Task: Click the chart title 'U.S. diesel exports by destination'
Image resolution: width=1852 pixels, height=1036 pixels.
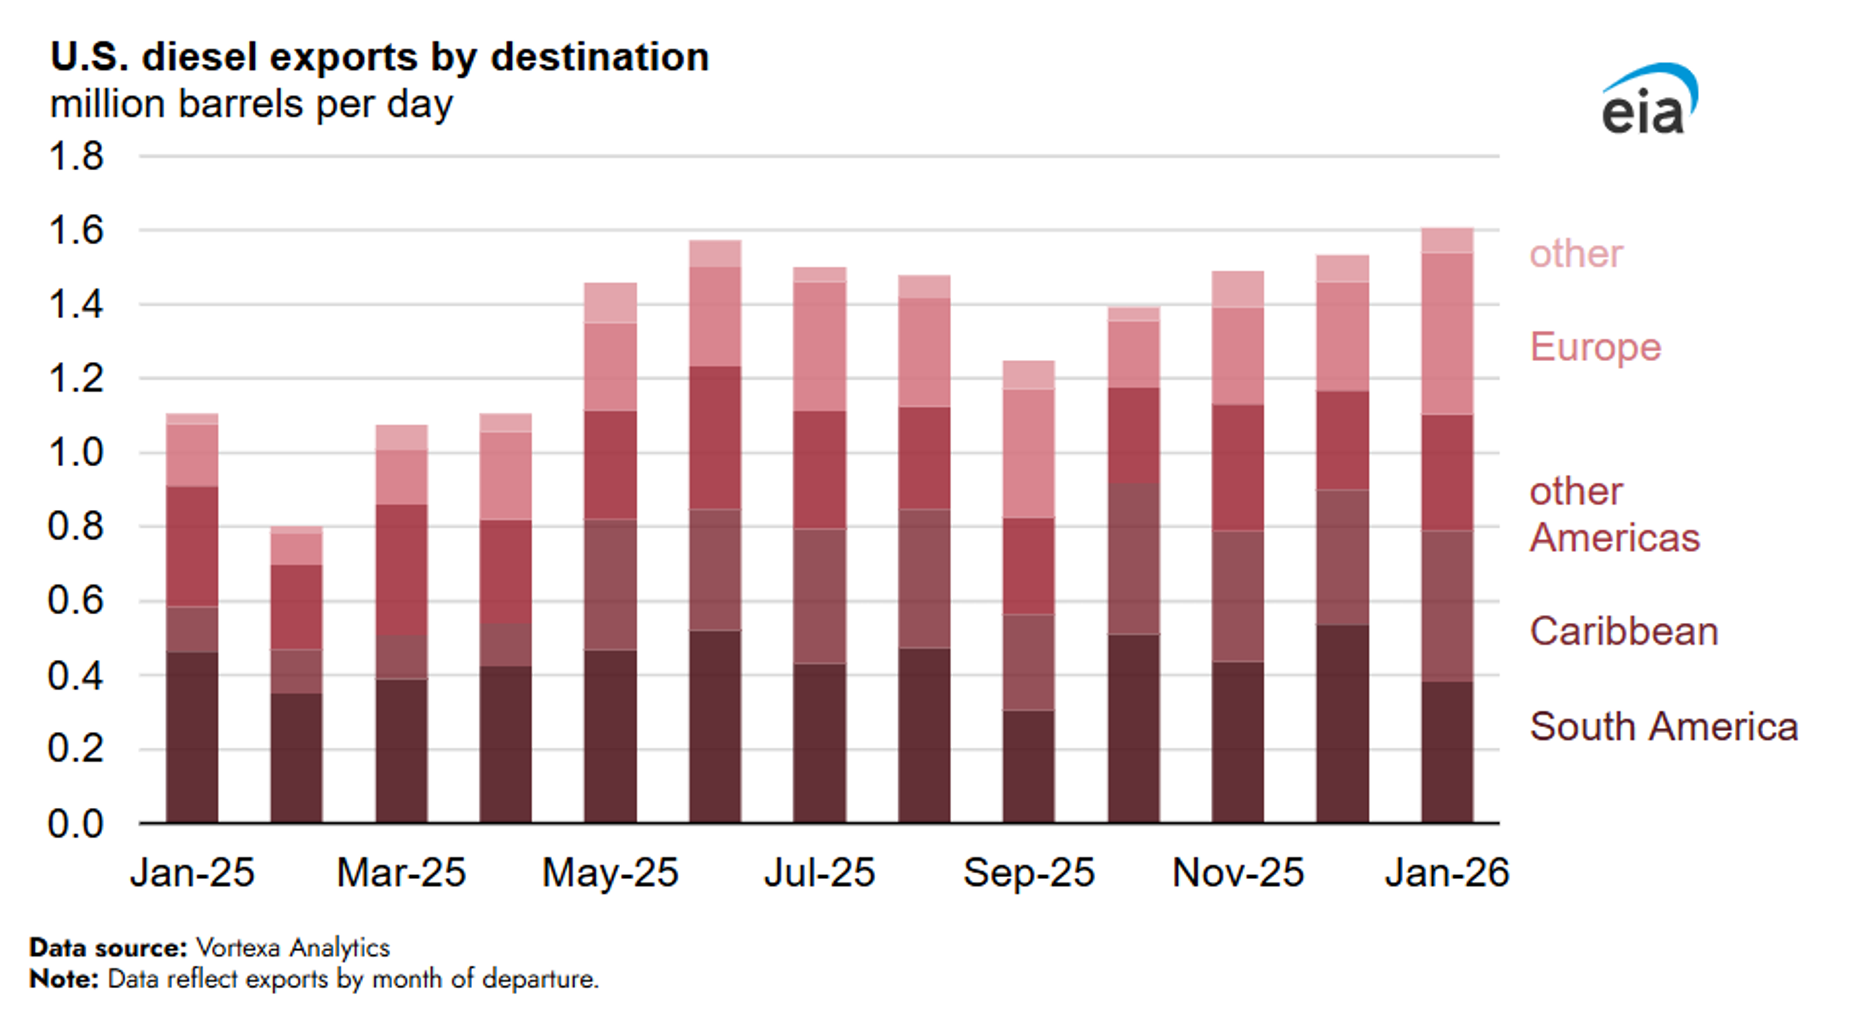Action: point(379,57)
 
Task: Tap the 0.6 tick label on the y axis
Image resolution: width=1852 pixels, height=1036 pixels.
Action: point(76,600)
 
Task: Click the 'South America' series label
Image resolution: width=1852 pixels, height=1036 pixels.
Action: point(1663,726)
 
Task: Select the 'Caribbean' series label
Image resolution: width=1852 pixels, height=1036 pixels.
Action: point(1623,631)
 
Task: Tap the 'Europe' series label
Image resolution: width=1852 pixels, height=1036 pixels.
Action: point(1594,347)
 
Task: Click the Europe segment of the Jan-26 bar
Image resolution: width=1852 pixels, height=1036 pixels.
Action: point(1446,334)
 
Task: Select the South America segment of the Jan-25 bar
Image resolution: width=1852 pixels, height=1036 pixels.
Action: point(192,737)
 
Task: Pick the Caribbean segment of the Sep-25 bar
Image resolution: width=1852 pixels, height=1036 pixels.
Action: point(1028,662)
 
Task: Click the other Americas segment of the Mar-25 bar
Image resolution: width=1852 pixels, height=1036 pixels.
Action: point(401,570)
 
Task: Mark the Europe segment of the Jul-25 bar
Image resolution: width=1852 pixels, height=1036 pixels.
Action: point(819,346)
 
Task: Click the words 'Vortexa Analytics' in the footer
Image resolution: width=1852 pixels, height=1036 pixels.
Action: point(293,948)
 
